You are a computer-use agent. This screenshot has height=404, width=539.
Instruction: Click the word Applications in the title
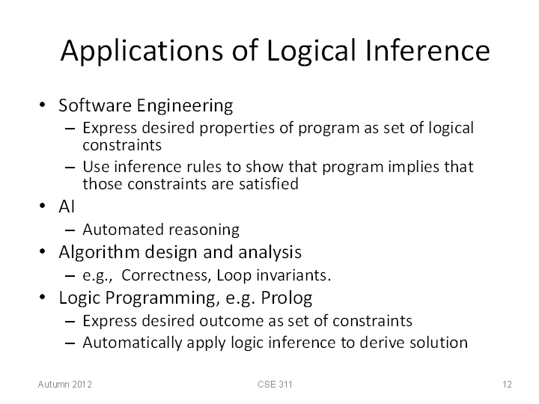pyautogui.click(x=142, y=51)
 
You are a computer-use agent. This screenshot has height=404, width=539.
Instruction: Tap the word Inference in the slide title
pyautogui.click(x=427, y=50)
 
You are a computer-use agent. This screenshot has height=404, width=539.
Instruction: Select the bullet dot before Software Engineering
pyautogui.click(x=42, y=105)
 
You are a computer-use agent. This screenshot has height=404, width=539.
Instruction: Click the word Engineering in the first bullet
pyautogui.click(x=185, y=105)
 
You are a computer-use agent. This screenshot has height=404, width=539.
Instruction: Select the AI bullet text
pyautogui.click(x=67, y=206)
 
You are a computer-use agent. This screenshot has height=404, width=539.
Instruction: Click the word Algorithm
pyautogui.click(x=99, y=253)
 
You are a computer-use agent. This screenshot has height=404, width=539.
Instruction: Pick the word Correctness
pyautogui.click(x=165, y=275)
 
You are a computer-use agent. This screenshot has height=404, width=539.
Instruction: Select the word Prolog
pyautogui.click(x=286, y=299)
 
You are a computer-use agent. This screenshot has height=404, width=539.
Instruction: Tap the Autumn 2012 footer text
pyautogui.click(x=65, y=384)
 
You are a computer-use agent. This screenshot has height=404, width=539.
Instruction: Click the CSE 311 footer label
pyautogui.click(x=275, y=384)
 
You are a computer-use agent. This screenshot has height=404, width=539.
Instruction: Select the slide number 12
pyautogui.click(x=507, y=384)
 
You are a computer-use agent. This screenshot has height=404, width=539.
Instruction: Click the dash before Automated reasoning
pyautogui.click(x=70, y=230)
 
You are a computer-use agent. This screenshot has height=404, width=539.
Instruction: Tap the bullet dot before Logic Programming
pyautogui.click(x=42, y=297)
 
